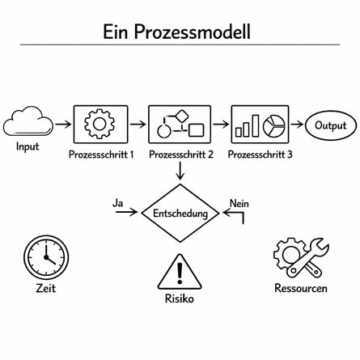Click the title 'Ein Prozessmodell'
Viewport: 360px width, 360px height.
(176, 32)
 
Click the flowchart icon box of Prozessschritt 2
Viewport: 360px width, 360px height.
(180, 125)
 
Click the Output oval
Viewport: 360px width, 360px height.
(330, 125)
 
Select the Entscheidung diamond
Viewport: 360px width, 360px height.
(180, 214)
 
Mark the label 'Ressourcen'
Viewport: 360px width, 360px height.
(301, 288)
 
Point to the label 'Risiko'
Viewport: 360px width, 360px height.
(180, 299)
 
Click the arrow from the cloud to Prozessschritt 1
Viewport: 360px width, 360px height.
(62, 125)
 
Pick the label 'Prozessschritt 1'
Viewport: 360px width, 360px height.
(101, 154)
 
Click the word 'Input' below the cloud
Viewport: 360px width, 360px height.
(28, 148)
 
